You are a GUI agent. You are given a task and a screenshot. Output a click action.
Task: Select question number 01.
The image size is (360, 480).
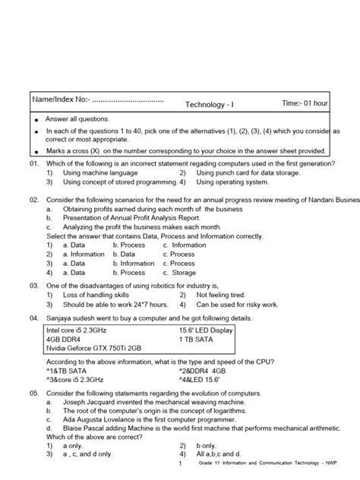point(34,163)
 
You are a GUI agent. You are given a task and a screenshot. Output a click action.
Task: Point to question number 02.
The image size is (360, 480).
point(34,199)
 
